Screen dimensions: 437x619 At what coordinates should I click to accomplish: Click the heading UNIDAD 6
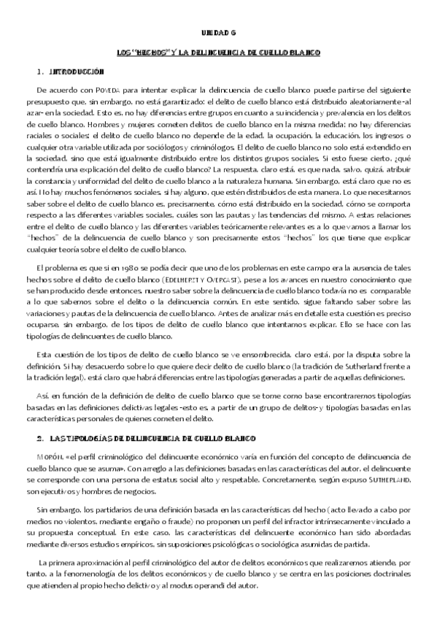[218, 34]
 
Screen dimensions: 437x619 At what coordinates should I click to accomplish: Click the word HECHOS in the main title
[151, 53]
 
